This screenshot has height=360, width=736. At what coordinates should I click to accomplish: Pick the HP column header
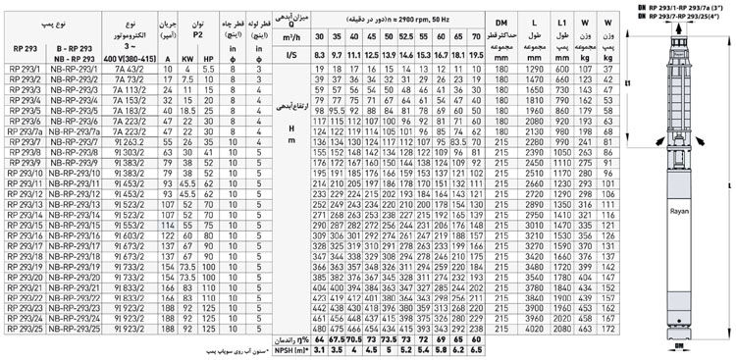tap(207, 57)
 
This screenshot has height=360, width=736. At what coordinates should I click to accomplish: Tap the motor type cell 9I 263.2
tap(131, 141)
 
